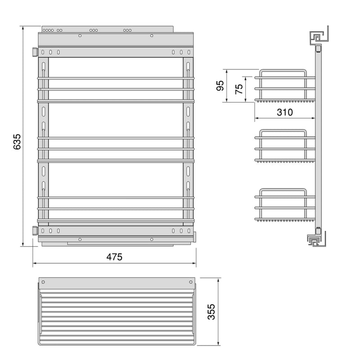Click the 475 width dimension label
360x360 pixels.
click(x=114, y=256)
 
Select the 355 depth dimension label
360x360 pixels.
click(x=212, y=311)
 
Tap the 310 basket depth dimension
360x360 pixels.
click(x=284, y=112)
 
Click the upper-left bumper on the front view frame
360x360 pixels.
click(x=34, y=52)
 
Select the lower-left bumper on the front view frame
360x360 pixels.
click(x=34, y=230)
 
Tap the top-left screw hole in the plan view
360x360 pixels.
click(x=44, y=282)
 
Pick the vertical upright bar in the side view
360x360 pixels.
click(x=318, y=139)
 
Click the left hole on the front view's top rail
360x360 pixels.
click(x=80, y=35)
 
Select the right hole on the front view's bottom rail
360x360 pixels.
click(x=152, y=239)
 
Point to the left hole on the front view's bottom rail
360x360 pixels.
click(x=80, y=239)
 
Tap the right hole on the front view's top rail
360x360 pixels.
click(x=152, y=35)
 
